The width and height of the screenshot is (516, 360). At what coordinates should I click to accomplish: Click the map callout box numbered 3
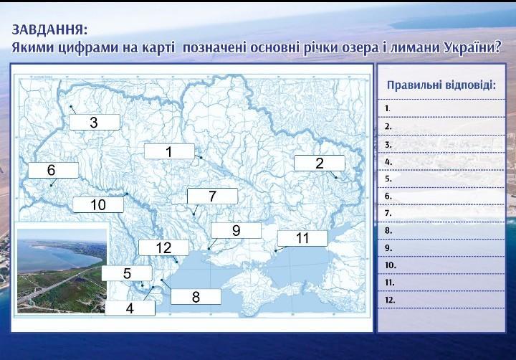95,122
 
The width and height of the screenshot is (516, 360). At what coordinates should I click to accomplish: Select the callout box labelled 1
169,151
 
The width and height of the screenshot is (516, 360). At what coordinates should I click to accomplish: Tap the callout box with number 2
319,163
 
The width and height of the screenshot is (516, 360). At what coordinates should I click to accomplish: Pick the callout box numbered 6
53,170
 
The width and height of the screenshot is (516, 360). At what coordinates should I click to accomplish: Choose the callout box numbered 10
98,204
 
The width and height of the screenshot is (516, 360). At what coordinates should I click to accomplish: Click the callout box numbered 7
212,196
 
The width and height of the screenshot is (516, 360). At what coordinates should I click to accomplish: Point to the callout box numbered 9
236,230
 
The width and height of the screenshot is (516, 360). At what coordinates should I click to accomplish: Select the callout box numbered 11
302,238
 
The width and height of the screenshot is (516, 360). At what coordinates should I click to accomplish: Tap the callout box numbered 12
163,247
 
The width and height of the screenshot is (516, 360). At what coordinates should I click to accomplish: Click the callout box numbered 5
127,273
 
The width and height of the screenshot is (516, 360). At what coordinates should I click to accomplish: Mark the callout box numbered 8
196,297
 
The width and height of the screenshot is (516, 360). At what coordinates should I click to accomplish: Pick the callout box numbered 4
130,308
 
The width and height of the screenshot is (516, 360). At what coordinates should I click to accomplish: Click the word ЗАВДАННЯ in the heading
50,30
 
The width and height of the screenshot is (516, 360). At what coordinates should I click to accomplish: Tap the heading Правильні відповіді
441,85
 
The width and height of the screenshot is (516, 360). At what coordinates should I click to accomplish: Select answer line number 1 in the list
441,108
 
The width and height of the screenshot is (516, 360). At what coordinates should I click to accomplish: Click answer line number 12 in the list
441,300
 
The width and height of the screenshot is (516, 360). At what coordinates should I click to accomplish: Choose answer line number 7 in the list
441,213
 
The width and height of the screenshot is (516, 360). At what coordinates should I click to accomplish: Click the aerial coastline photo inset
62,270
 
